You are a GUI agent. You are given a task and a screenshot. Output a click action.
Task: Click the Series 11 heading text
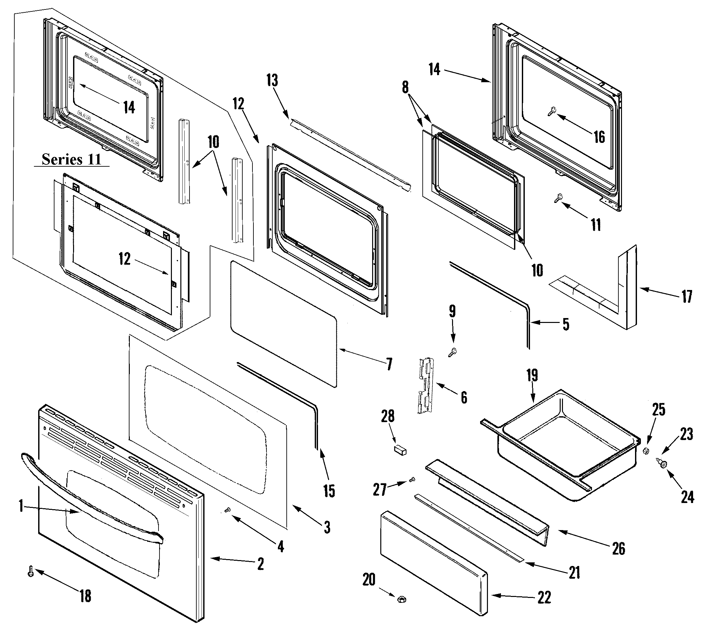pyautogui.click(x=71, y=159)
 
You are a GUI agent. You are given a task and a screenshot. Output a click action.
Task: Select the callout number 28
pyautogui.click(x=388, y=416)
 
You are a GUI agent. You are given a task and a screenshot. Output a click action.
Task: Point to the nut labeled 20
pyautogui.click(x=402, y=599)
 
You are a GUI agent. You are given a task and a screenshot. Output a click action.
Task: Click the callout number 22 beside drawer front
pyautogui.click(x=544, y=597)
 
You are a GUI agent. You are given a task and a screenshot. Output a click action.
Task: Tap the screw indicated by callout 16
pyautogui.click(x=551, y=112)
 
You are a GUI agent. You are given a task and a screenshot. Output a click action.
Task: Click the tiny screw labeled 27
pyautogui.click(x=412, y=480)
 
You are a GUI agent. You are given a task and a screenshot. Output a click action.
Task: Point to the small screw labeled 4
pyautogui.click(x=228, y=510)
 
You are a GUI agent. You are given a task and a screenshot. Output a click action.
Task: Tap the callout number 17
pyautogui.click(x=687, y=296)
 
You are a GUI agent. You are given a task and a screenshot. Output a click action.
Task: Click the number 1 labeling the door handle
pyautogui.click(x=21, y=506)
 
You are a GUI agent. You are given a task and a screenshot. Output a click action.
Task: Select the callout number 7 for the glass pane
pyautogui.click(x=389, y=364)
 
